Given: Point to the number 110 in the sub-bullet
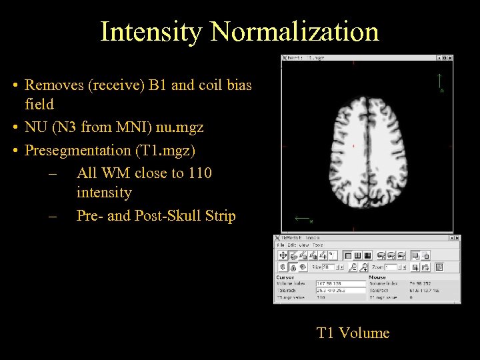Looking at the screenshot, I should pos(199,173).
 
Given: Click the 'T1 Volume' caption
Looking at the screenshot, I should pos(353,333).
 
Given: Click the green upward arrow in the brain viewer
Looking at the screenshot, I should pos(439,81).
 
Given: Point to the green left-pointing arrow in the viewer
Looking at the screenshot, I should pos(302,218).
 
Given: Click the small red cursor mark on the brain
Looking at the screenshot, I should pos(353,145).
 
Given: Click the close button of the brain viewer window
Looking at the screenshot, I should pos(450,59).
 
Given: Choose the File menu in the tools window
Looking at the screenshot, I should pos(280,245).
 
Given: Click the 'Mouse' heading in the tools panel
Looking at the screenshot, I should pos(377,277).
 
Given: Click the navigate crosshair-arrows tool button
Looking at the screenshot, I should pos(283,255).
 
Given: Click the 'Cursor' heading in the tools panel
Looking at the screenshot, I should pos(285,277).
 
